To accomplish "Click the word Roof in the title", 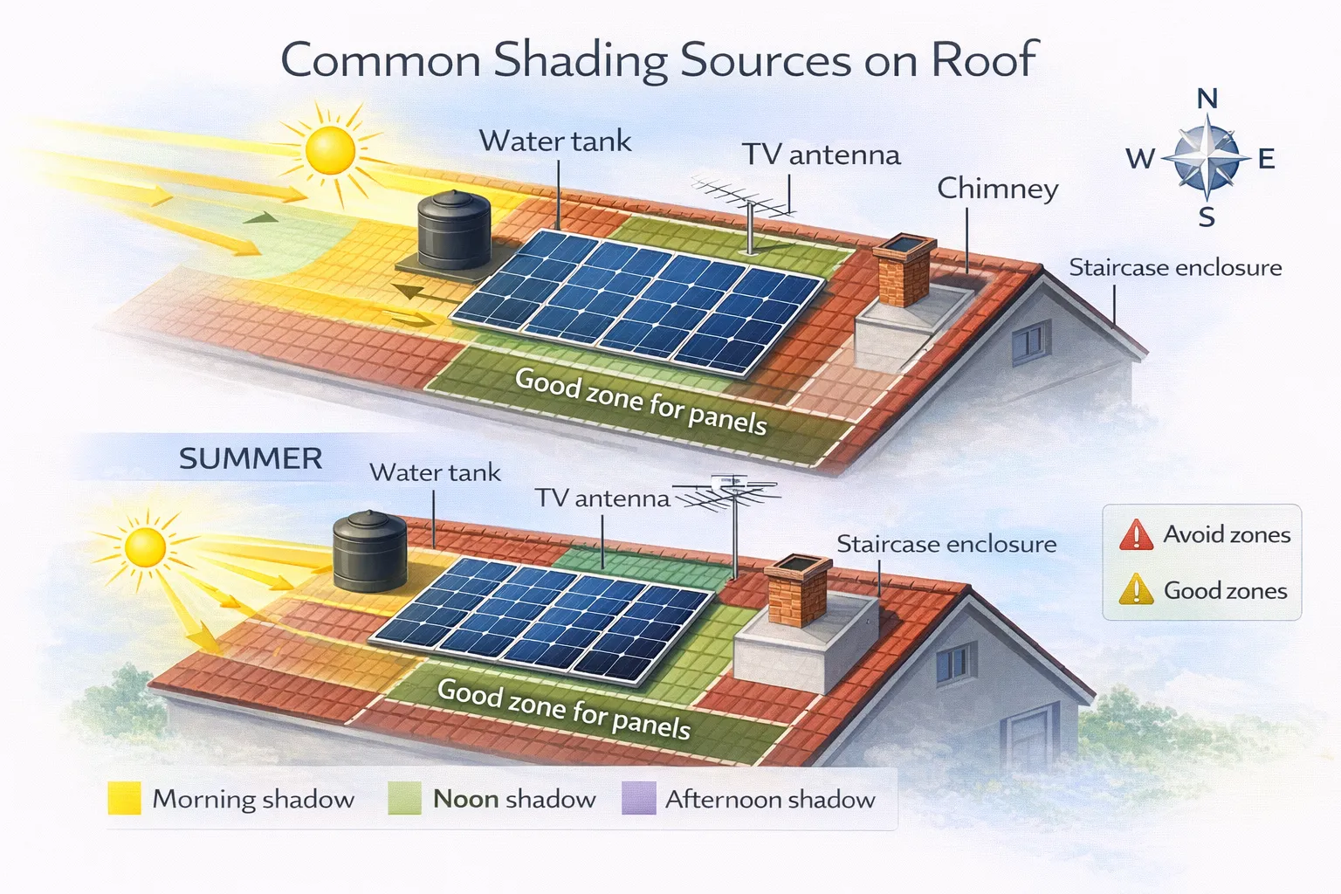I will pyautogui.click(x=984, y=60).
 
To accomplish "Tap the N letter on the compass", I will pyautogui.click(x=1207, y=99).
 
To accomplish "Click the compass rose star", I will pyautogui.click(x=1207, y=158).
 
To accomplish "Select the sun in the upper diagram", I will pyautogui.click(x=330, y=149).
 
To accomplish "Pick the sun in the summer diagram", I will pyautogui.click(x=145, y=547).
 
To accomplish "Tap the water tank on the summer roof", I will pyautogui.click(x=369, y=552).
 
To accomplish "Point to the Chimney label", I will pyautogui.click(x=997, y=189).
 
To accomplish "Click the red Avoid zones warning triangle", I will pyautogui.click(x=1136, y=535).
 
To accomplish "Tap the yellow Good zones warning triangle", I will pyautogui.click(x=1136, y=590).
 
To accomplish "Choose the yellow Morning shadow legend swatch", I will pyautogui.click(x=124, y=798).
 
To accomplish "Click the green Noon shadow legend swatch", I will pyautogui.click(x=404, y=798).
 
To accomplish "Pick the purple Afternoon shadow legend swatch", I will pyautogui.click(x=638, y=798).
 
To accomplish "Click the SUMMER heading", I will pyautogui.click(x=251, y=458).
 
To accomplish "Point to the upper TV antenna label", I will pyautogui.click(x=821, y=155).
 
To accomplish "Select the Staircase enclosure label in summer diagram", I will pyautogui.click(x=946, y=544).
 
